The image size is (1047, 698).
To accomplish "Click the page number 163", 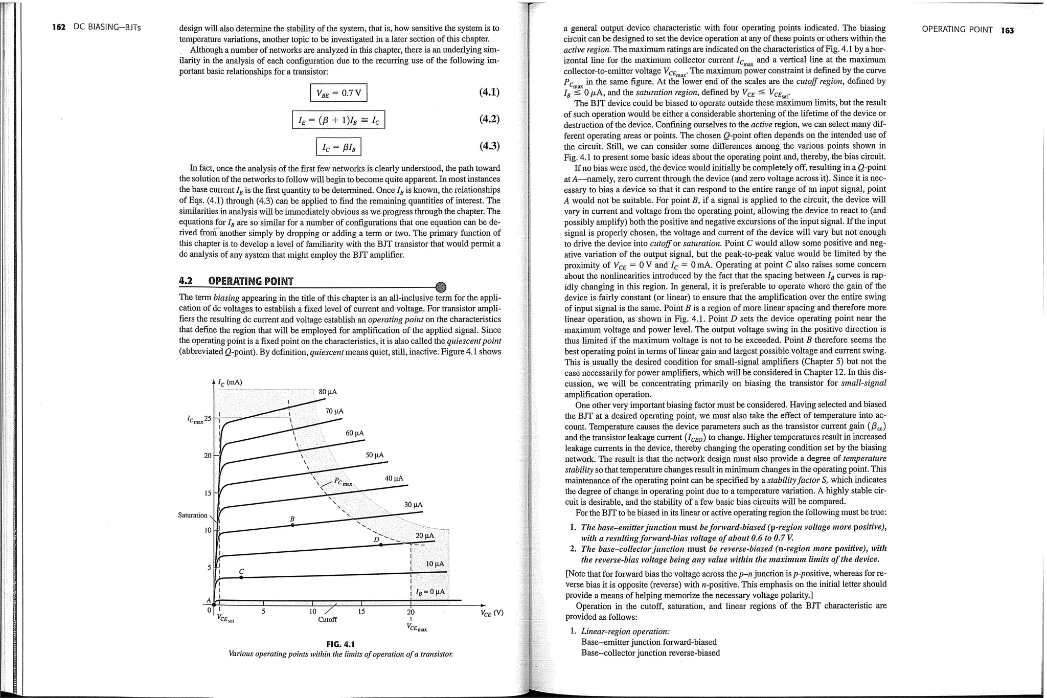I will [1007, 30].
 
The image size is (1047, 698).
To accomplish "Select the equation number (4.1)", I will [489, 92].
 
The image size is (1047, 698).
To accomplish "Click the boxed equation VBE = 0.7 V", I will [338, 93].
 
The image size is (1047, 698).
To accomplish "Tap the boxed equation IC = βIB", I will [338, 147].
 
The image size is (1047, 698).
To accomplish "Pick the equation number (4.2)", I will [489, 119].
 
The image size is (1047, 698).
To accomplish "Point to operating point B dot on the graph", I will [292, 525].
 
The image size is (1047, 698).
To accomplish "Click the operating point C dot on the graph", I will [241, 577].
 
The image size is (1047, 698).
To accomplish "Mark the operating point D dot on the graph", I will [381, 545].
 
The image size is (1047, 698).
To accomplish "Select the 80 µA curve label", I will [328, 392].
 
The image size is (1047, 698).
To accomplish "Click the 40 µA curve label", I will [394, 478].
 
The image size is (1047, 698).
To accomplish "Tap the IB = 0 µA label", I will [430, 592].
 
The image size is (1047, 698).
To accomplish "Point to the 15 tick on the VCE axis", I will [361, 612].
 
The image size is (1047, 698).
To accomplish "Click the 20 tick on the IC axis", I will [208, 455].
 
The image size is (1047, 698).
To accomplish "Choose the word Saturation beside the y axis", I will [192, 515].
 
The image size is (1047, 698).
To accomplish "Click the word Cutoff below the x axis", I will [327, 620].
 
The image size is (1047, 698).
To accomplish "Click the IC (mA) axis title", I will [230, 382].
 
